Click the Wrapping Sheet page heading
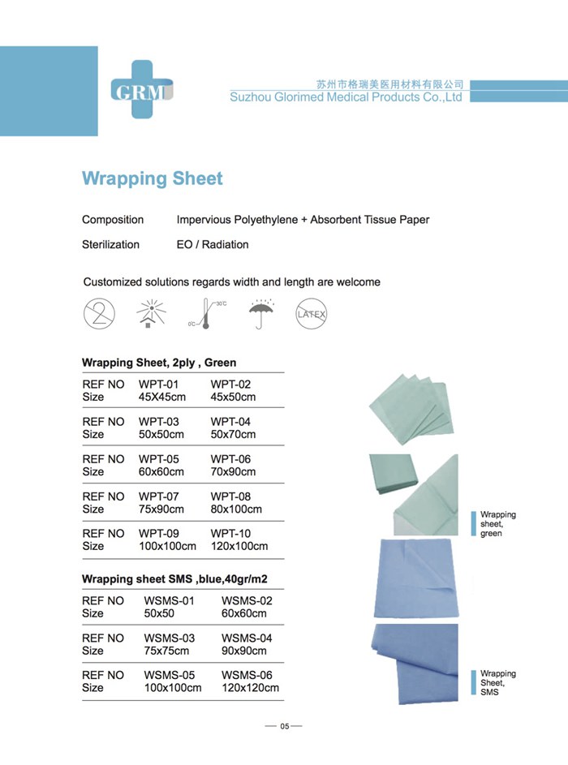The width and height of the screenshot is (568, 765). click(x=152, y=178)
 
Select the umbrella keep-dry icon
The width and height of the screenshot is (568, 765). click(x=262, y=312)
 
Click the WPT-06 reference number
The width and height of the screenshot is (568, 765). click(x=230, y=459)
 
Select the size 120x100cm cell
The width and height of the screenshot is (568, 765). click(x=239, y=546)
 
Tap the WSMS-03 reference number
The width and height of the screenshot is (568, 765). click(x=169, y=638)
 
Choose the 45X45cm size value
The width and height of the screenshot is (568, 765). click(x=161, y=397)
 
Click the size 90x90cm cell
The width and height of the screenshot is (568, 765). click(x=243, y=651)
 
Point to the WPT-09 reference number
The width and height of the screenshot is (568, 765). click(x=159, y=534)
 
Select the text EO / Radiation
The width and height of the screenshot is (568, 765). click(x=213, y=244)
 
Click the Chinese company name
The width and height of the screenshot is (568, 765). click(x=389, y=84)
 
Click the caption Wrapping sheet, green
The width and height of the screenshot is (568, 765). click(x=497, y=524)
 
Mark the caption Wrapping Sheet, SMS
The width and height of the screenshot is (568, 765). click(x=497, y=682)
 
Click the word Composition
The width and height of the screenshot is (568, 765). click(x=113, y=220)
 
